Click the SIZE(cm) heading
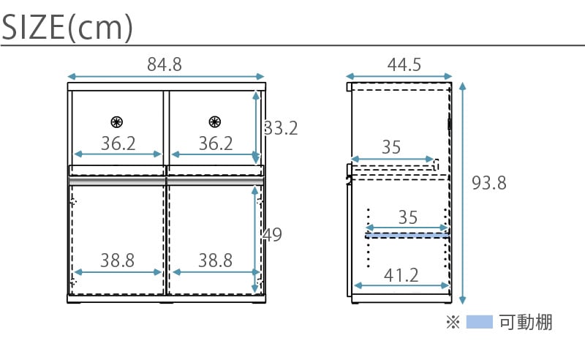67,27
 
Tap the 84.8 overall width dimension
164,64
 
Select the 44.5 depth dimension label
404,64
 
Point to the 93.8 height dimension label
488,183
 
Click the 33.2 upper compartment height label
281,128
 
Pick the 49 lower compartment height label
272,235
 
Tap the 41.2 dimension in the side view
401,276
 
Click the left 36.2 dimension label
118,143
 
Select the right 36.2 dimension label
216,143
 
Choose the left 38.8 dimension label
117,260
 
